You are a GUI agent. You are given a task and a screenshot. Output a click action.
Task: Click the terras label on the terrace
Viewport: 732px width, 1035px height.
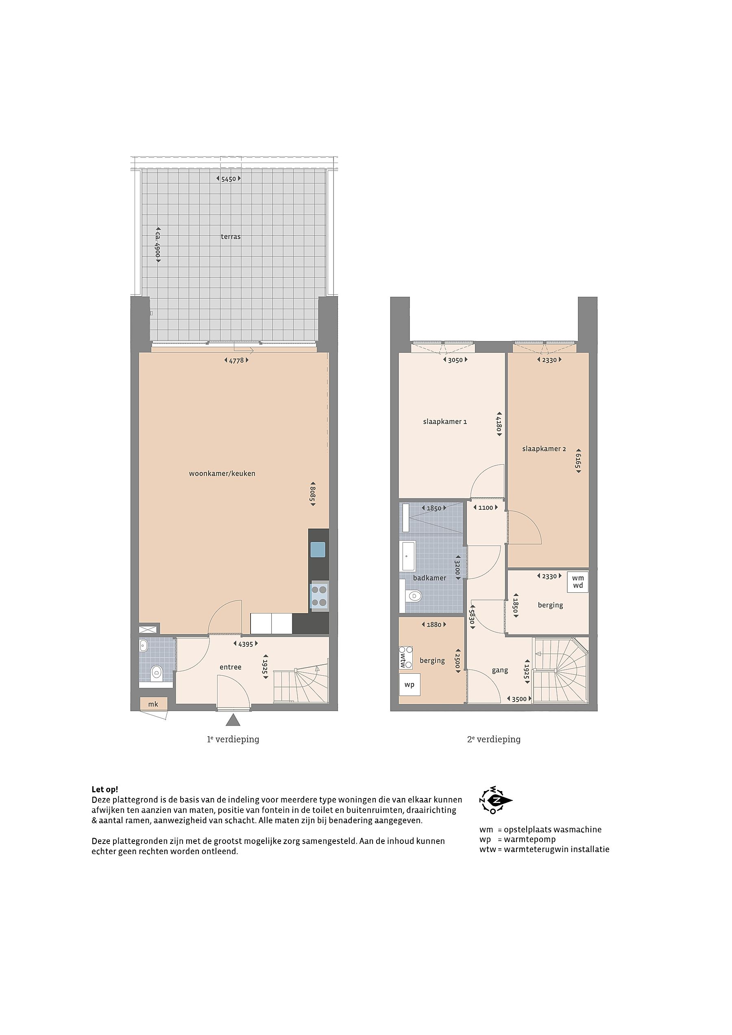(x=231, y=237)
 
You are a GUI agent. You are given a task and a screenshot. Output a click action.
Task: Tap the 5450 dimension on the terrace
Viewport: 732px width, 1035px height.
(x=229, y=179)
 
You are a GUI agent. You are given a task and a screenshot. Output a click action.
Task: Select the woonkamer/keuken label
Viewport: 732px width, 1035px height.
(x=222, y=474)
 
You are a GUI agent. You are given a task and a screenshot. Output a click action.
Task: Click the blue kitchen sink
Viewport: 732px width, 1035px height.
(x=318, y=550)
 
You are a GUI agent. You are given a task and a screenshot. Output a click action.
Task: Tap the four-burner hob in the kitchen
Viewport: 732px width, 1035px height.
(x=319, y=596)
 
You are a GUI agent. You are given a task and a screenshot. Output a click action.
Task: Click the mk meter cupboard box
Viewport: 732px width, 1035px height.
(x=153, y=704)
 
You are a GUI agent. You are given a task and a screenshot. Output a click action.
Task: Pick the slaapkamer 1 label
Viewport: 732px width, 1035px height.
(x=445, y=422)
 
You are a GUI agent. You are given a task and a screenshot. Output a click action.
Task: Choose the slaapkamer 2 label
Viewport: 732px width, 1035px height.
(x=544, y=449)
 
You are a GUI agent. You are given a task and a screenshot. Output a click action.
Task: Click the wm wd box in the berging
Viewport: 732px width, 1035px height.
(x=578, y=582)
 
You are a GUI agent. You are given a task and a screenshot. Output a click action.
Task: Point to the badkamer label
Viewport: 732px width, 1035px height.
(x=429, y=578)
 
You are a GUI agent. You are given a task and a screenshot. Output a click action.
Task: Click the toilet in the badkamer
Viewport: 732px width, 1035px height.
(x=412, y=597)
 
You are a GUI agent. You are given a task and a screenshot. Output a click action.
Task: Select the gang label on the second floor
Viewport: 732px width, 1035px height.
(x=500, y=671)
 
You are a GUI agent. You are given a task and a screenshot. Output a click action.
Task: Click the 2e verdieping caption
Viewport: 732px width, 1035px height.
(x=494, y=739)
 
